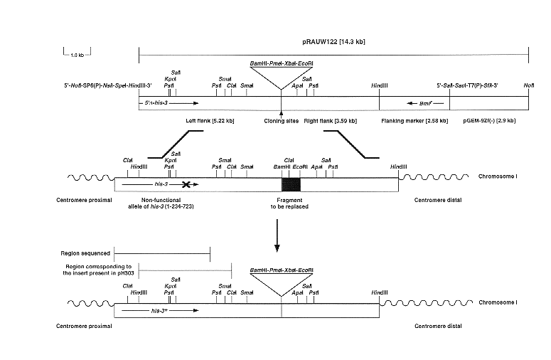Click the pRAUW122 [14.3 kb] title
pyautogui.click(x=333, y=43)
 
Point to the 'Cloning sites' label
pyautogui.click(x=279, y=120)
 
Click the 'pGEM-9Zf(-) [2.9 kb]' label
pyautogui.click(x=489, y=120)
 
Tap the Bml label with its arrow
pyautogui.click(x=418, y=103)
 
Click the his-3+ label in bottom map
pyautogui.click(x=155, y=311)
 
